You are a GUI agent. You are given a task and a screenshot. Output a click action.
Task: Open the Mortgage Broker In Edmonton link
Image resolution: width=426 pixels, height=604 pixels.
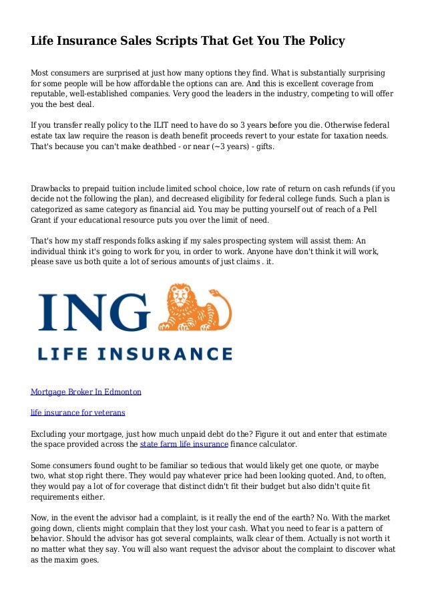coord(86,392)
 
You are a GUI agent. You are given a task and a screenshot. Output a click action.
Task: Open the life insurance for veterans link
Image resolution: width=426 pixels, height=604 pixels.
coord(78,413)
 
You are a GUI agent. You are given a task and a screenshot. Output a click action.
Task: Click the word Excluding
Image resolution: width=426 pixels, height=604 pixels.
coord(51,433)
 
